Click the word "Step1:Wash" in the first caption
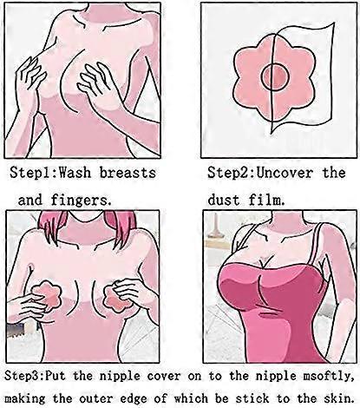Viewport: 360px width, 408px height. (50, 173)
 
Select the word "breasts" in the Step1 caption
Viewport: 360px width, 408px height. (128, 173)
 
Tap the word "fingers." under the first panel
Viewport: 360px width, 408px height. (82, 201)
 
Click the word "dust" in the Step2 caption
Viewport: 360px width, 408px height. (224, 200)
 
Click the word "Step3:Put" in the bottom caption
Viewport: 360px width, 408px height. (35, 377)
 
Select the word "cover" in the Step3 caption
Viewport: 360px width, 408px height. (164, 377)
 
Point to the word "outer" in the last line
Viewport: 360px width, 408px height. (96, 399)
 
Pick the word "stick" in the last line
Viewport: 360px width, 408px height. (252, 398)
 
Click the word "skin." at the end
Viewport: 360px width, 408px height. (338, 398)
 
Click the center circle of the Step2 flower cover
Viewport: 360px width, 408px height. (275, 76)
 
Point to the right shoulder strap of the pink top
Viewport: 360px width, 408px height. (314, 245)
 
